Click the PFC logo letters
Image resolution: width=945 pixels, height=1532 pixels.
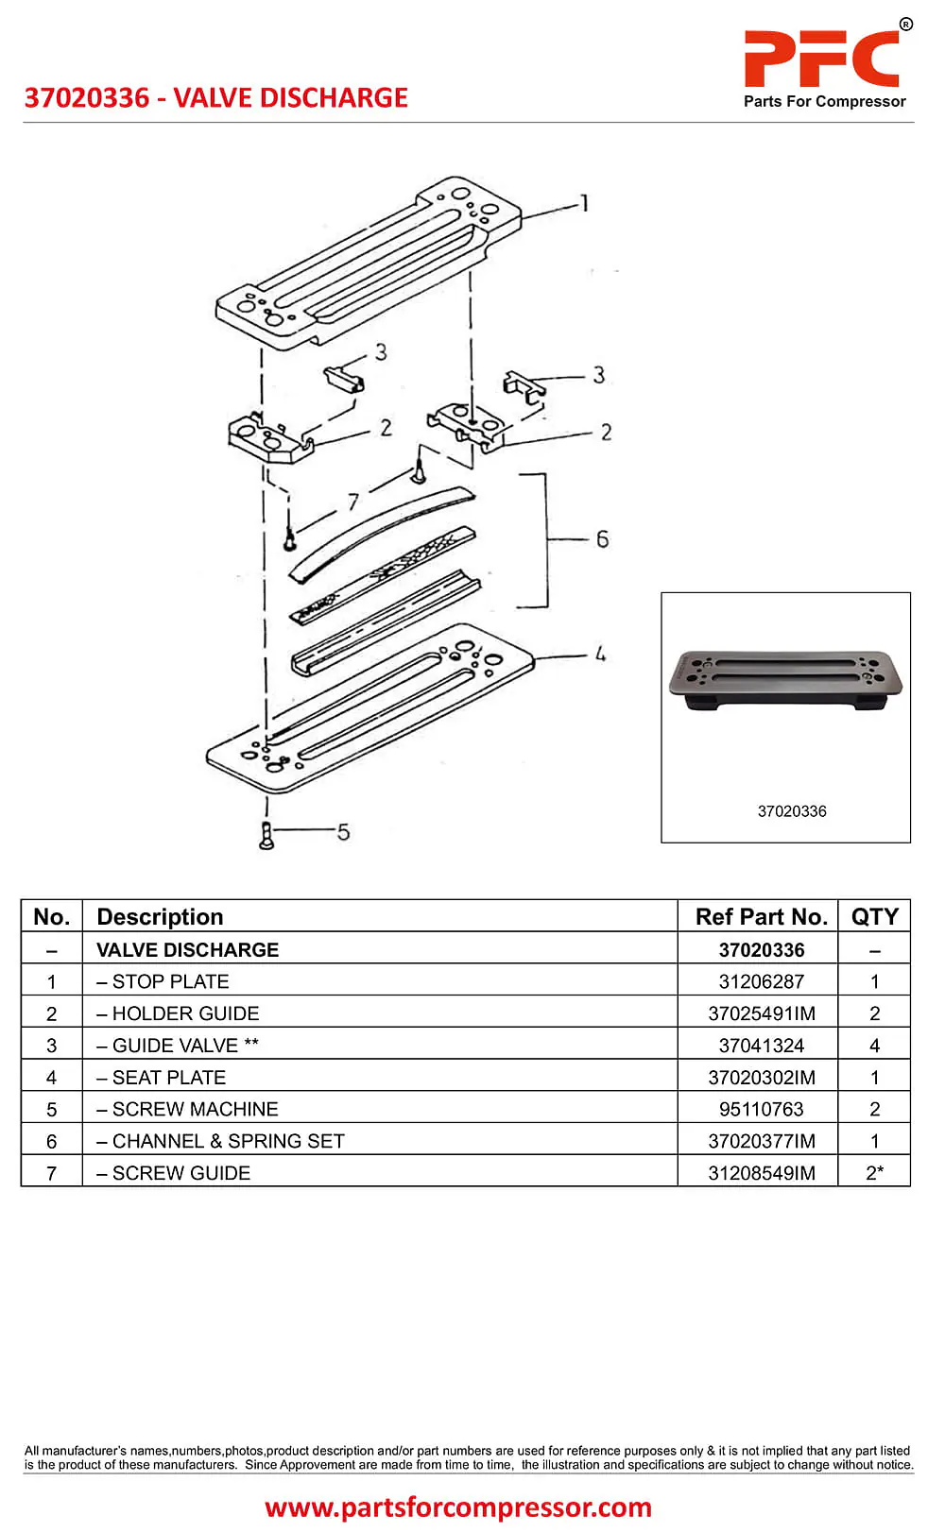821,59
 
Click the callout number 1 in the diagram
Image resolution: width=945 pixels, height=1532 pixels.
585,203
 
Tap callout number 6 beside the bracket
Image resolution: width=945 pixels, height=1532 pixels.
602,539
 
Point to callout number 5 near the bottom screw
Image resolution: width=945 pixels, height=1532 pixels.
343,832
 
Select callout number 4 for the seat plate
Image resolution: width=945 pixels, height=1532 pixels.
600,654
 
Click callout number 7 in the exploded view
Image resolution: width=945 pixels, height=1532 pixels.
352,502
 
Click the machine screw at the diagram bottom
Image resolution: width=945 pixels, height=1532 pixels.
266,836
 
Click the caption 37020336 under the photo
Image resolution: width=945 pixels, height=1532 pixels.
792,811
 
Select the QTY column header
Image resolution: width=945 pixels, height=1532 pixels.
874,916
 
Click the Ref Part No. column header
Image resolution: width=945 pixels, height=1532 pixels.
761,916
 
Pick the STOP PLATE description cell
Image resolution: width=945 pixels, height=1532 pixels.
170,981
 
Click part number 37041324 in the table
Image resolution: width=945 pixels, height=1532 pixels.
761,1046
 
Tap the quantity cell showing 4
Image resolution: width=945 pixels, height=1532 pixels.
874,1046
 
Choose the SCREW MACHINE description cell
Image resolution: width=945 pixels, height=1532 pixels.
195,1109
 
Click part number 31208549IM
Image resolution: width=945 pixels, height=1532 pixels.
761,1173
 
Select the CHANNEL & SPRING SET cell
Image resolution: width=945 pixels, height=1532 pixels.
228,1141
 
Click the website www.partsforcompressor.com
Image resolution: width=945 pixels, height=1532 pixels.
458,1506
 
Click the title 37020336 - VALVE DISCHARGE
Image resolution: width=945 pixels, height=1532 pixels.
216,98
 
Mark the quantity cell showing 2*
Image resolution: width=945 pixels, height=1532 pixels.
874,1173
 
